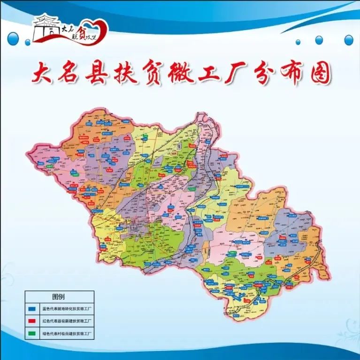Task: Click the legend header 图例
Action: [59, 297]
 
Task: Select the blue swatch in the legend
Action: [32, 309]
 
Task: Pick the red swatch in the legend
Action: [32, 321]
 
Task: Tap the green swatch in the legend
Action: [32, 333]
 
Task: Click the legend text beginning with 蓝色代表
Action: [66, 309]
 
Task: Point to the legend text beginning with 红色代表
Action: [66, 321]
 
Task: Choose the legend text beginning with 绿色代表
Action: [66, 333]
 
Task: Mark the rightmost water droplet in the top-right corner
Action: [349, 40]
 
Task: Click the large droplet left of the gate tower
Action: [16, 36]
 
